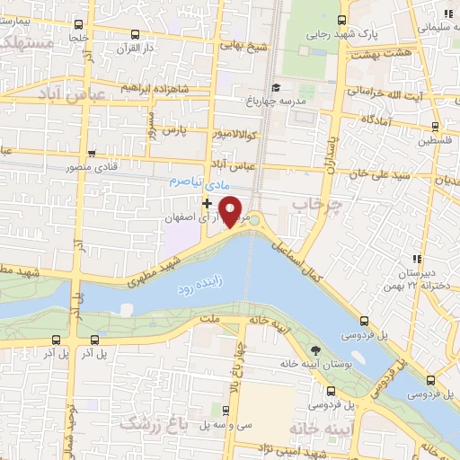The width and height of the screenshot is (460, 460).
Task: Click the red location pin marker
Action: (x=231, y=211)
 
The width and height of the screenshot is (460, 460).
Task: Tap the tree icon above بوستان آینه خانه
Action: (x=316, y=349)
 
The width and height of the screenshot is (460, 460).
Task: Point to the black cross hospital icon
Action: (x=208, y=204)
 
